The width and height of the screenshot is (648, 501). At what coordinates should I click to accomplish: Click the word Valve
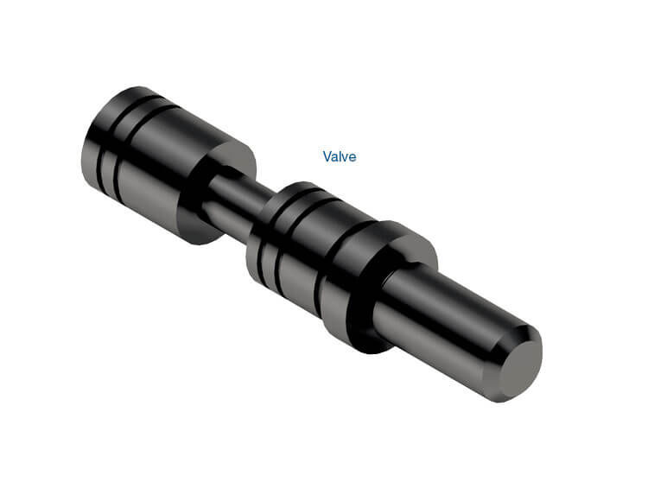(x=340, y=156)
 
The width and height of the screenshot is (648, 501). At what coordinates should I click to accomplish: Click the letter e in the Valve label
(x=352, y=157)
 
